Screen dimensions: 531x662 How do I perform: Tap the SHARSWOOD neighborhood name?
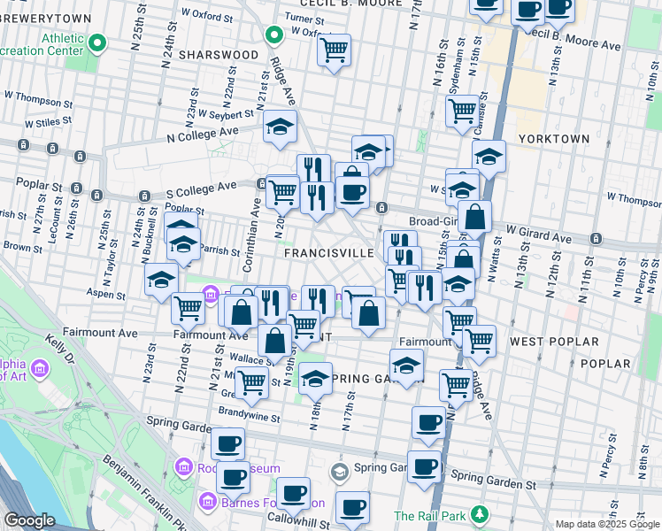(218, 55)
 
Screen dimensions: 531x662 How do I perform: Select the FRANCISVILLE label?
(329, 253)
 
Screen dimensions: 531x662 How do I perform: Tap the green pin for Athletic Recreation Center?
(97, 42)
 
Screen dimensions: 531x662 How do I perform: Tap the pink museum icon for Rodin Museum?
(184, 466)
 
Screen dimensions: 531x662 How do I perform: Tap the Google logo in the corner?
(28, 520)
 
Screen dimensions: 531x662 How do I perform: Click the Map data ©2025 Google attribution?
(606, 524)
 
